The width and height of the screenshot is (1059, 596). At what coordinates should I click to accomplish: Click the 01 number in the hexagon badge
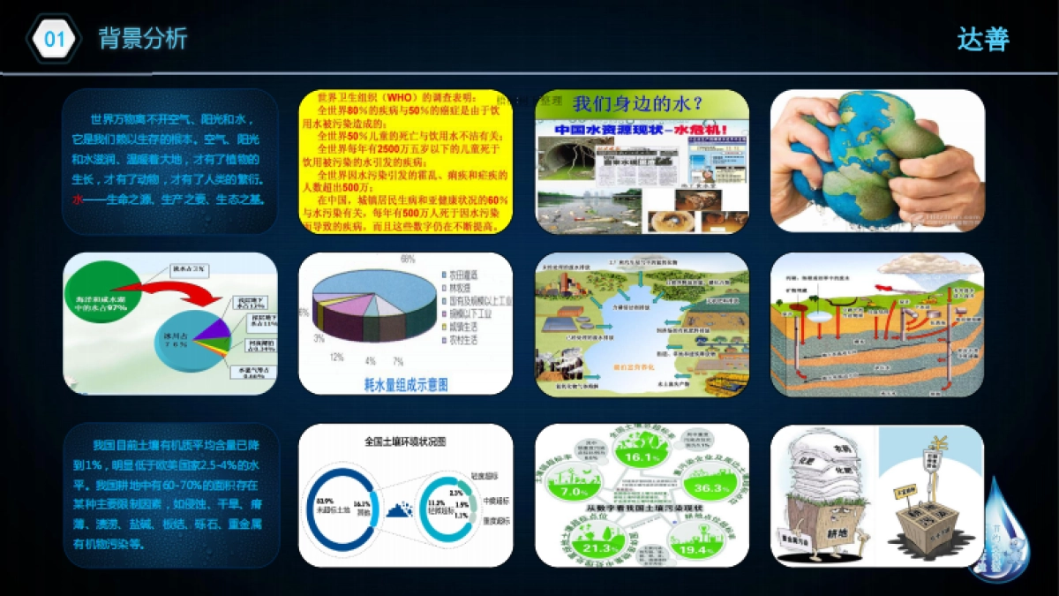click(x=55, y=39)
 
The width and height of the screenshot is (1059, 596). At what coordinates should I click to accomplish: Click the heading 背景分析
click(x=143, y=39)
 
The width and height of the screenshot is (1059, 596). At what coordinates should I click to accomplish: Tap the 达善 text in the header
click(x=983, y=39)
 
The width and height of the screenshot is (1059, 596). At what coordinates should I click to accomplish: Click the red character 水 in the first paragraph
click(x=78, y=200)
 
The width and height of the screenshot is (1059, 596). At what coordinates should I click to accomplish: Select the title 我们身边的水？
click(x=638, y=103)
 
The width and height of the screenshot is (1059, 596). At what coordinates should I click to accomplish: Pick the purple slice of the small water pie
click(x=213, y=328)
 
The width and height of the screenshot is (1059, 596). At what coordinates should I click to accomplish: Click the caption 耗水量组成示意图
click(x=406, y=384)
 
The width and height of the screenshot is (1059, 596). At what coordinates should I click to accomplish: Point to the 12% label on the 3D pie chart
click(x=336, y=357)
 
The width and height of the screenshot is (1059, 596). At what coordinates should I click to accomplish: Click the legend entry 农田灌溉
click(x=467, y=276)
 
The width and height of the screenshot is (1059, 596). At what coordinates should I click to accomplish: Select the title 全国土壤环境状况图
click(x=405, y=440)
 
